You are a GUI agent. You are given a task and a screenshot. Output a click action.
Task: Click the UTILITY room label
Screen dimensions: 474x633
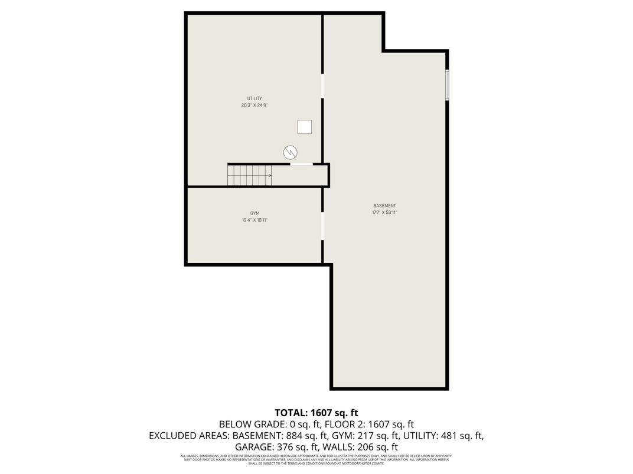coord(254,98)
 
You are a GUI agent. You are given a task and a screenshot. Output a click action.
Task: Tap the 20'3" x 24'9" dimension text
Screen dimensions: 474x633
coord(254,106)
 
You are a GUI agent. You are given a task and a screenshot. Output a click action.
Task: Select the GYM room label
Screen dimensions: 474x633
coord(254,213)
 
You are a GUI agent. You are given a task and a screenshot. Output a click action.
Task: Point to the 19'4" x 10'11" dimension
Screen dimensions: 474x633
coord(254,220)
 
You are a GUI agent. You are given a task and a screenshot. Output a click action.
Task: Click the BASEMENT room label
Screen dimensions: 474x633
coord(384,206)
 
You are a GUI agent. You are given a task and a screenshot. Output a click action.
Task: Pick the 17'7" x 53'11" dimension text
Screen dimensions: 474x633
coord(384,213)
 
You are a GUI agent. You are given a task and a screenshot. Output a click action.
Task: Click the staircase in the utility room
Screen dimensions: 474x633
coord(250,175)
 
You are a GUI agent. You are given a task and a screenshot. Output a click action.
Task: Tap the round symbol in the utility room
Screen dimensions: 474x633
coord(290,152)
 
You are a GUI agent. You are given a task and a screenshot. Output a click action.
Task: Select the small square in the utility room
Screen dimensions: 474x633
coord(305,127)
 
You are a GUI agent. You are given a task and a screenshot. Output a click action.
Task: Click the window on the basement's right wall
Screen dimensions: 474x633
coord(447,85)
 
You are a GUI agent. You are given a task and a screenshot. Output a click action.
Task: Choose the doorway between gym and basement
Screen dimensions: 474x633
coord(322,226)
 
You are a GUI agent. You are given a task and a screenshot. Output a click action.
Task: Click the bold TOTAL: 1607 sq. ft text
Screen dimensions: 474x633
coord(316,413)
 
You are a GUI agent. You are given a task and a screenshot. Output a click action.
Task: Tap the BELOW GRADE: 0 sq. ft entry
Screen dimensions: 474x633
coord(261,424)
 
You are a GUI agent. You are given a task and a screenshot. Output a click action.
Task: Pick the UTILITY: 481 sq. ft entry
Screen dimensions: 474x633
coord(443,436)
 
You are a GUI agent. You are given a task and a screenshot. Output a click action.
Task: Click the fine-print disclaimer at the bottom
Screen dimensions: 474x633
coord(316,460)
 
